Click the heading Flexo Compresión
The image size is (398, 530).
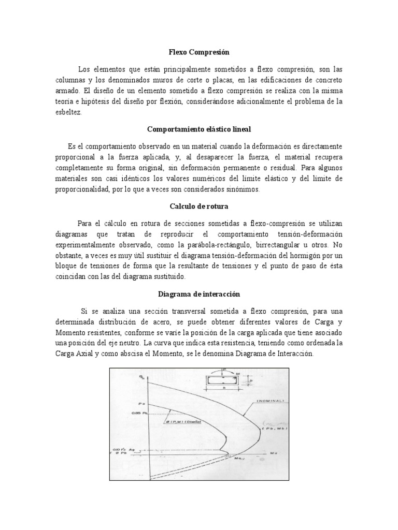(x=199, y=52)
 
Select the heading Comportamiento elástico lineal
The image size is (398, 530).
(x=199, y=129)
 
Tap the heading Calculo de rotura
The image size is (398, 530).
(x=199, y=205)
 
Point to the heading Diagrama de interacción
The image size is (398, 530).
(x=199, y=293)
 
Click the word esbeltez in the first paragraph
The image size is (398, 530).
(x=69, y=112)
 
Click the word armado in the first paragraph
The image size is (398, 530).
(x=67, y=91)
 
